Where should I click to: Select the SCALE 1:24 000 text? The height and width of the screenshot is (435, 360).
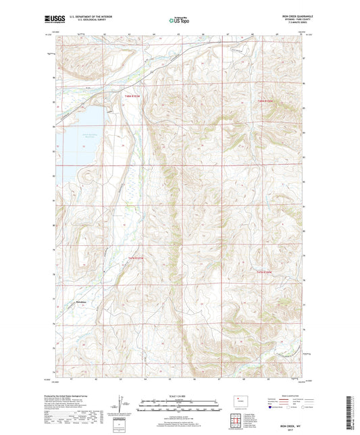pos(179,396)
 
